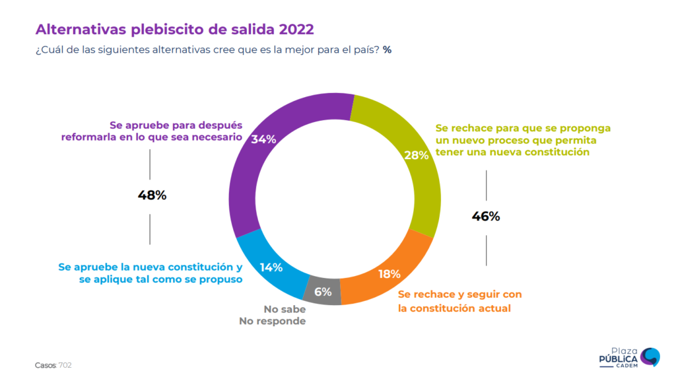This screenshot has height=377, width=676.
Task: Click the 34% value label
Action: point(263,139)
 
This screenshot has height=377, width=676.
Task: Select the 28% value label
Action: point(416,156)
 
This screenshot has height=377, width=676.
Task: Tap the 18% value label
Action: point(389,274)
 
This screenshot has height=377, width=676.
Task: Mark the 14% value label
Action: point(271,267)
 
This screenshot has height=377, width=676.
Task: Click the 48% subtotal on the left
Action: point(152,195)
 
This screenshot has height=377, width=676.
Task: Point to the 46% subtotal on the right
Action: point(486,216)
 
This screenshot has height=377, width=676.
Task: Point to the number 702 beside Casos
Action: point(65,364)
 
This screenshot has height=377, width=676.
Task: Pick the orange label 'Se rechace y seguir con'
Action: point(459,294)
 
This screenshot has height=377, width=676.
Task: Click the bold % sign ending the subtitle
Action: point(387,50)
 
